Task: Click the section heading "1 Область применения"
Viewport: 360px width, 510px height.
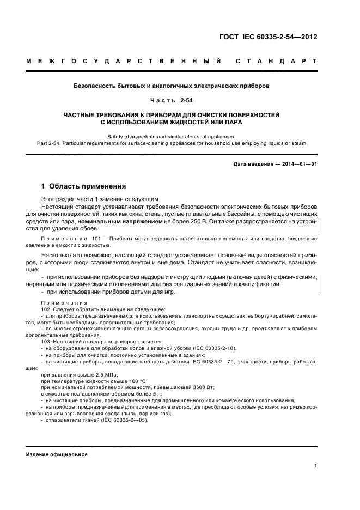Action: point(83,186)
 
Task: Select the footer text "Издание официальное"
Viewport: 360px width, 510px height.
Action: point(57,454)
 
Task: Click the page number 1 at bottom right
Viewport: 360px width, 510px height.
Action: point(316,466)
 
